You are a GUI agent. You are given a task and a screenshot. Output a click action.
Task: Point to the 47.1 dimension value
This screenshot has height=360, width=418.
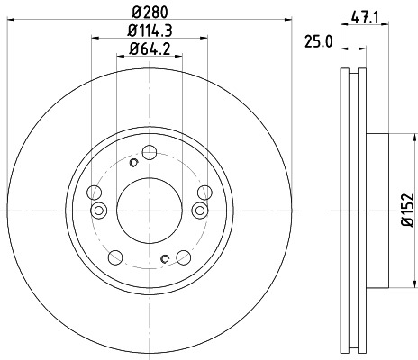click(x=364, y=14)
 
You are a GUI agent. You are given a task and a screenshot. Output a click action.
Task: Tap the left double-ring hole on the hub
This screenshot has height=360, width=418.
click(x=99, y=211)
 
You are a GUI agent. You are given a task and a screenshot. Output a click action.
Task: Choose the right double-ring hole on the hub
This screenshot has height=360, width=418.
click(x=199, y=211)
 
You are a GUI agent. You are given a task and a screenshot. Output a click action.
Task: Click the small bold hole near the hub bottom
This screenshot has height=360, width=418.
click(x=164, y=259)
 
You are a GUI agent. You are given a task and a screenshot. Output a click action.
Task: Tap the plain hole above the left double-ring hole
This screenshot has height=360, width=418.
click(x=94, y=191)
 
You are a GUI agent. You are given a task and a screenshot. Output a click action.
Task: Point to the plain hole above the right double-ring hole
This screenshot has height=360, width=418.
click(x=204, y=191)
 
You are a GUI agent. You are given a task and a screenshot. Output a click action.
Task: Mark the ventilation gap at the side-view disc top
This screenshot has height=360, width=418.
click(x=353, y=76)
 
